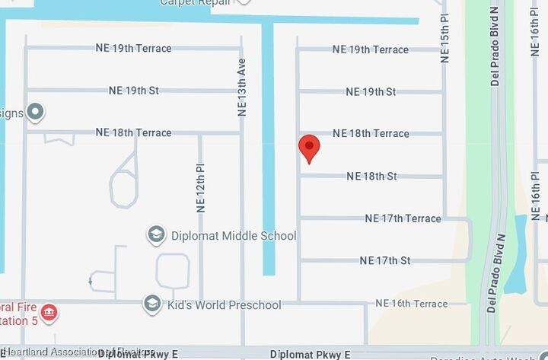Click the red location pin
point(308,147)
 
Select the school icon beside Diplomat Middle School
point(156,234)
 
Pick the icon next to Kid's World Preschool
point(151,304)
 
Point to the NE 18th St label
point(371,177)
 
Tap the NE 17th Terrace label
point(403,218)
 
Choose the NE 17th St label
point(384,260)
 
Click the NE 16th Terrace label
point(412,304)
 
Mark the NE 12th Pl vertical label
point(201,187)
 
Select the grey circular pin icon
point(35,113)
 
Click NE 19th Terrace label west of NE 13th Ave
point(133,48)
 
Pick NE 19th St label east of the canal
point(371,92)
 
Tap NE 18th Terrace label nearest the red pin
point(371,134)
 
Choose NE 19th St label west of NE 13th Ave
point(133,91)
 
